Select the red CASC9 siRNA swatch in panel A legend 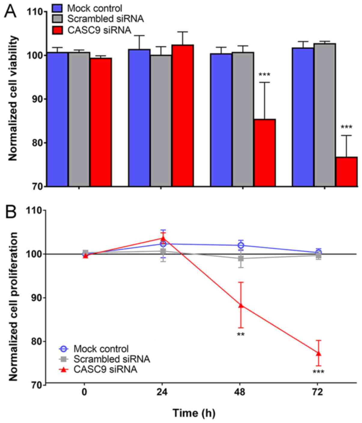57,30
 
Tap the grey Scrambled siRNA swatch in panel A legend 57,19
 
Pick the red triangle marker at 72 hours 318,353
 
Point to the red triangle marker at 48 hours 241,305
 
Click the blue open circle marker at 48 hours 241,245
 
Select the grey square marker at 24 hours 163,251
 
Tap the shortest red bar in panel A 346,172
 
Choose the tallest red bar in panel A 183,116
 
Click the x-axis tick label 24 162,393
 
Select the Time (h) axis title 194,413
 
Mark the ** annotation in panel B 241,334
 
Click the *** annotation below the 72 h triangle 318,372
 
